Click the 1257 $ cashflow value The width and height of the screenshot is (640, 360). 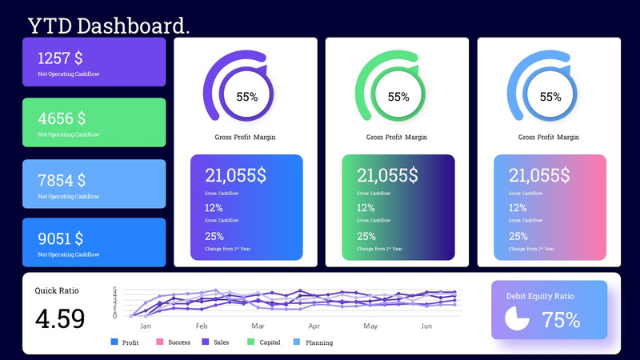(x=60, y=58)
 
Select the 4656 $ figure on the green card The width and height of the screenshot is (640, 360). (x=62, y=118)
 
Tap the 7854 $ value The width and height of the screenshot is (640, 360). (x=62, y=180)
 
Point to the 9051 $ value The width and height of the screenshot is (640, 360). (x=60, y=238)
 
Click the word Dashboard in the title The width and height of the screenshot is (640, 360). (x=132, y=26)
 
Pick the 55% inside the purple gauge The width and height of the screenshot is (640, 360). (x=246, y=97)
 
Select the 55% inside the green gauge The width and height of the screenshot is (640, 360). (x=398, y=97)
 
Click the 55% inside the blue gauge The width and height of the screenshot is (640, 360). (x=550, y=97)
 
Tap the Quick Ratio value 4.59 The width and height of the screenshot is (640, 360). (x=60, y=318)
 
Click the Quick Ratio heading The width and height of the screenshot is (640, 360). (x=57, y=290)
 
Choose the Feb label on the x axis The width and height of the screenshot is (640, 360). (x=202, y=326)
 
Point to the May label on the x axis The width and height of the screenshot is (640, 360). (x=370, y=326)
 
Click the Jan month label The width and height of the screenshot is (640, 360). (x=146, y=326)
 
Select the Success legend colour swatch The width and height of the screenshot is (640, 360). (x=160, y=342)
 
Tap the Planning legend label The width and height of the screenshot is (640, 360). (x=319, y=342)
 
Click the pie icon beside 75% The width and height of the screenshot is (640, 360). (x=518, y=318)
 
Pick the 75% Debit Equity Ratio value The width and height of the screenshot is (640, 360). (x=561, y=320)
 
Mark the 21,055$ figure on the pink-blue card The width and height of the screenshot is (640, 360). (x=539, y=175)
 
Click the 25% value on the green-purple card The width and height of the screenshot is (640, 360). (x=366, y=236)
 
